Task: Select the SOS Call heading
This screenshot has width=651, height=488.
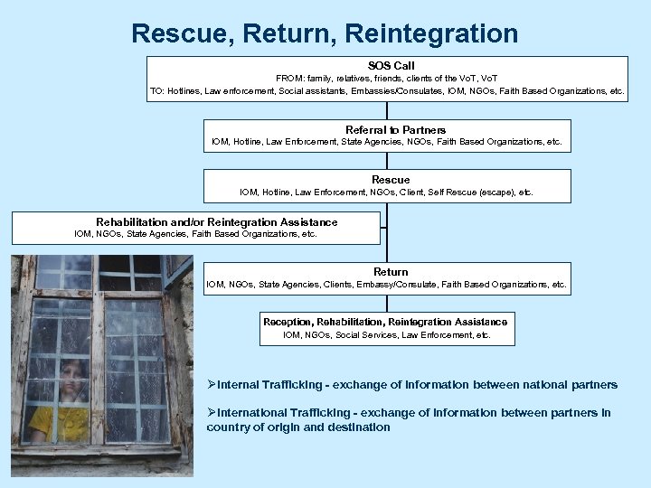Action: point(391,66)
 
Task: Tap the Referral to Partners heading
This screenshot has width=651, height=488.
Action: point(395,130)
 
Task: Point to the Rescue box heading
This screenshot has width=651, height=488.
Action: point(391,180)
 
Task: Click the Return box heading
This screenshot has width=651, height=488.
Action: point(391,272)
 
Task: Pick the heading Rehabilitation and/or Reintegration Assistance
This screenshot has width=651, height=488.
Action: point(217,222)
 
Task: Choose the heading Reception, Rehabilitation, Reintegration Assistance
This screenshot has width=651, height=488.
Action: point(385,322)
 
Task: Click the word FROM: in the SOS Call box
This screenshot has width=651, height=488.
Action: point(289,79)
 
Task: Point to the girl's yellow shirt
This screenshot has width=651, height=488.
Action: point(60,423)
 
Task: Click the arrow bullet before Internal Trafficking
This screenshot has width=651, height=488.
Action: point(212,385)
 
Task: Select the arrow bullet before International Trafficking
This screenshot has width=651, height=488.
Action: point(212,412)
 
